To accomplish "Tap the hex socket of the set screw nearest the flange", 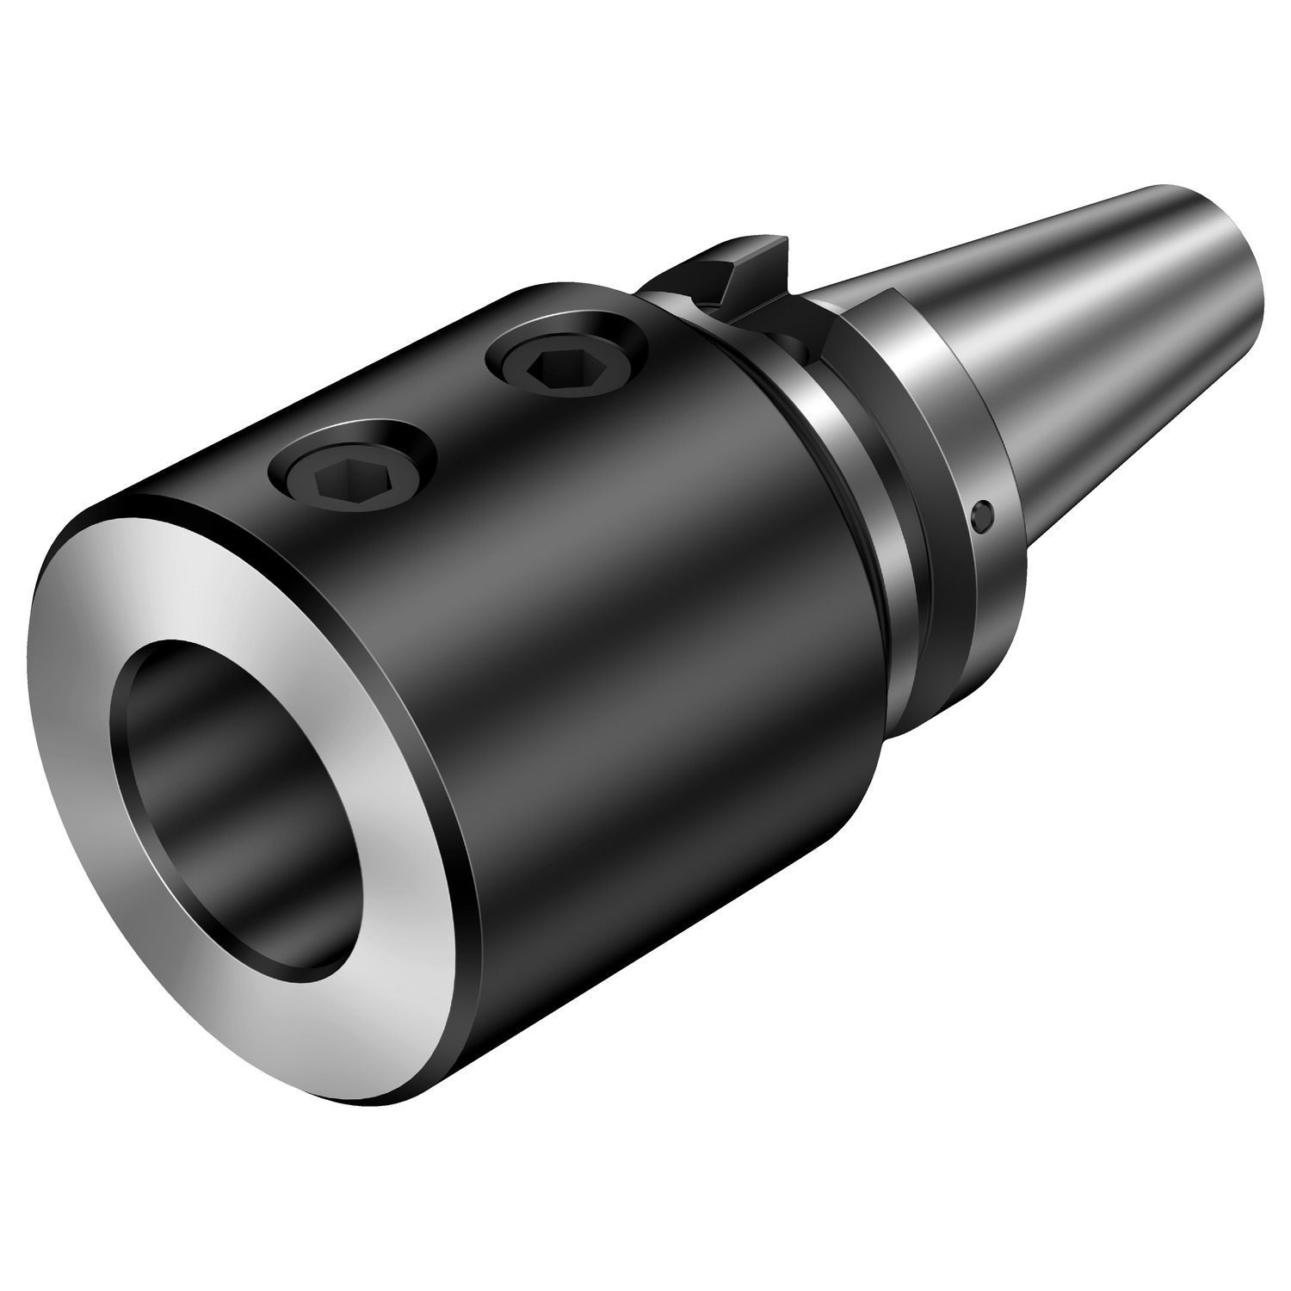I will pos(547,368).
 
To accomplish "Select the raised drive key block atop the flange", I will pos(740,258).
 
